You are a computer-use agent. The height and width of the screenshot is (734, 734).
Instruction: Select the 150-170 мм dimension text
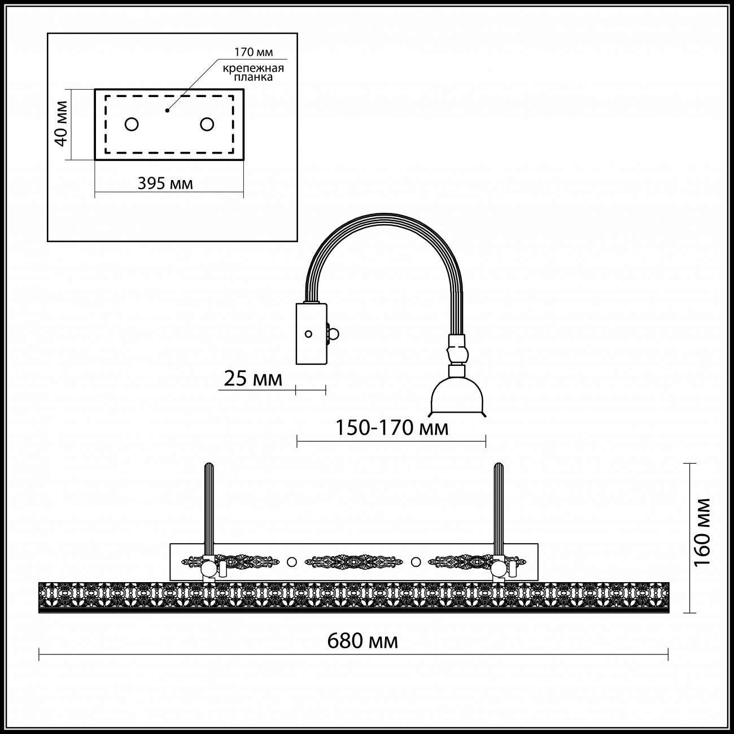coord(392,428)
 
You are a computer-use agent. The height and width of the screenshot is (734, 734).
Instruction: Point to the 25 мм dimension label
coord(253,379)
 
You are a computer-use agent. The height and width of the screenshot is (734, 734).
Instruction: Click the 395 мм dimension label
coord(165,183)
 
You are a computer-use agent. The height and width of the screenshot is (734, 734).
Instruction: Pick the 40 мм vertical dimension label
coord(61,124)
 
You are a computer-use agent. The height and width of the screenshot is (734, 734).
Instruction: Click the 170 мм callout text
coord(254,52)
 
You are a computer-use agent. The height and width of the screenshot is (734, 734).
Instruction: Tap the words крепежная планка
coord(254,73)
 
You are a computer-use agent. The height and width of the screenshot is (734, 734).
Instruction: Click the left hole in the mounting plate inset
coord(132,124)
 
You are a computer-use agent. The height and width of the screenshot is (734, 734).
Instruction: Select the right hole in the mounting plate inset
coord(207,124)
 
